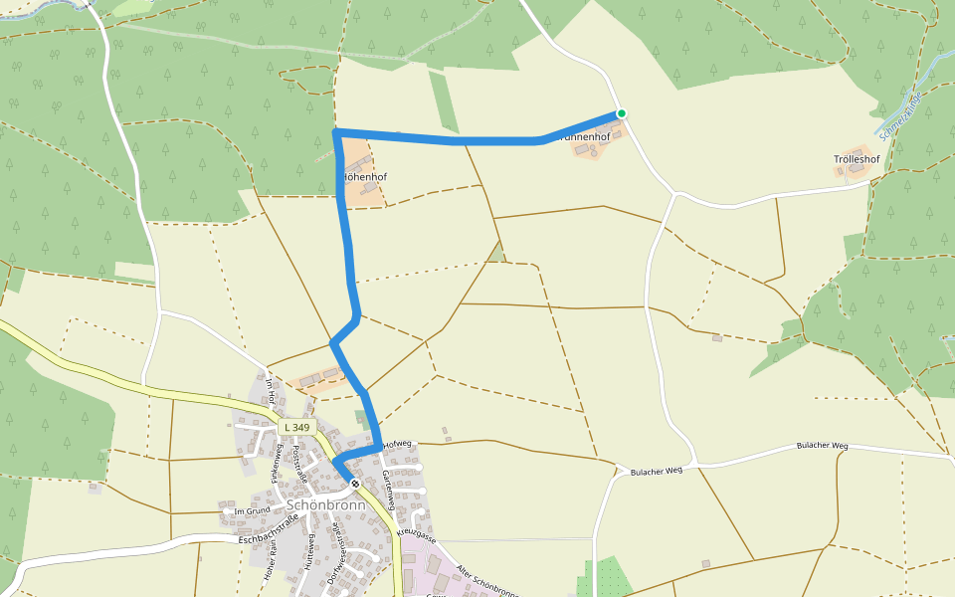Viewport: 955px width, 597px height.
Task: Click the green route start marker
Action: (x=621, y=113)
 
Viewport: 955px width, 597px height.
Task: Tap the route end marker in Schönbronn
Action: (x=355, y=484)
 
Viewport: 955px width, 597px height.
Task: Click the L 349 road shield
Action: (x=296, y=427)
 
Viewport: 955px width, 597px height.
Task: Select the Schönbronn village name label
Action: (x=325, y=504)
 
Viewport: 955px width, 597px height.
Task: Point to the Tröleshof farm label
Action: (x=857, y=159)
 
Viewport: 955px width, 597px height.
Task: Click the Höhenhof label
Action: (x=365, y=177)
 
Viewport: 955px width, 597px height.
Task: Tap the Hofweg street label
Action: (x=397, y=444)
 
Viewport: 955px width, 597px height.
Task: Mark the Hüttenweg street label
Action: (x=310, y=549)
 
